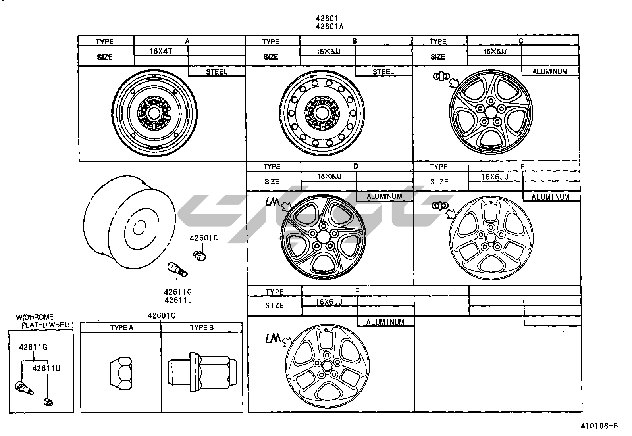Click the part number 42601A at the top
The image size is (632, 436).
click(x=329, y=27)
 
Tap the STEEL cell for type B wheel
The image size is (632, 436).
click(x=383, y=72)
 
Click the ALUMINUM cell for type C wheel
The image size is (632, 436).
click(x=550, y=71)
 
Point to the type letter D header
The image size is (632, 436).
click(x=356, y=166)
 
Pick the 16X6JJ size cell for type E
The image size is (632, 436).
click(x=495, y=177)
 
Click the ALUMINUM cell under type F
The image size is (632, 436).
click(x=385, y=322)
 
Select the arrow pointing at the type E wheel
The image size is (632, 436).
click(x=451, y=214)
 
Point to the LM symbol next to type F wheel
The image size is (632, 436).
click(x=273, y=338)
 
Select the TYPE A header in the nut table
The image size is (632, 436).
click(x=121, y=327)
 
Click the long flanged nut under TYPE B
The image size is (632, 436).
click(x=202, y=371)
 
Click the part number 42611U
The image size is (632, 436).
click(x=46, y=368)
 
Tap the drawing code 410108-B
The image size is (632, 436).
click(x=599, y=426)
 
